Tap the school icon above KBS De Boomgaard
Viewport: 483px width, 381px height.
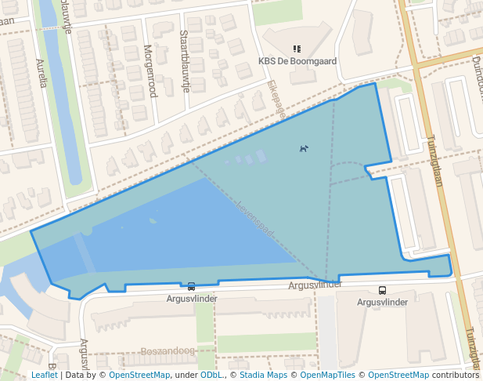point(297,49)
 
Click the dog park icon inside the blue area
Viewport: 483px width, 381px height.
point(304,148)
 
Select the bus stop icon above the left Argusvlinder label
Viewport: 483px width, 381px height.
point(192,287)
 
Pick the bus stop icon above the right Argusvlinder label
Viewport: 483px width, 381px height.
point(382,290)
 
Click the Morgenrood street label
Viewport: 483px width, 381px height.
point(150,71)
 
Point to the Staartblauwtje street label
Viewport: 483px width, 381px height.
point(185,61)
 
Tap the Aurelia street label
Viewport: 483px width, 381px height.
point(41,72)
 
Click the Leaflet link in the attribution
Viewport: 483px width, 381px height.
point(45,376)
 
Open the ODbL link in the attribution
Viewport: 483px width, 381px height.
point(211,376)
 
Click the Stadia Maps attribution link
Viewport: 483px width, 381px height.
point(263,376)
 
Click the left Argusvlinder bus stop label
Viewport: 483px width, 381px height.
point(192,299)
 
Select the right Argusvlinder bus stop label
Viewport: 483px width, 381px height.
point(382,302)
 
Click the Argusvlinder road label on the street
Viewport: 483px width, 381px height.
point(315,284)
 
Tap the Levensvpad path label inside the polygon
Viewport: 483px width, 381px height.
point(254,220)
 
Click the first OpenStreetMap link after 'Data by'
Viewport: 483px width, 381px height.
point(139,376)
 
